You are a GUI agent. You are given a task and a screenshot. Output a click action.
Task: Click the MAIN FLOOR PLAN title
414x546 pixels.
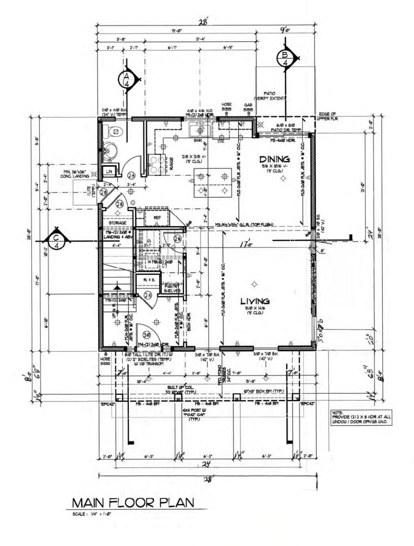coord(133,502)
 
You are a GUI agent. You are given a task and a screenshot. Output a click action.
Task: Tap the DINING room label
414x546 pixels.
coord(274,159)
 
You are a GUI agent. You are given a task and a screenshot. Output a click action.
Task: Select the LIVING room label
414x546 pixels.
coord(255,301)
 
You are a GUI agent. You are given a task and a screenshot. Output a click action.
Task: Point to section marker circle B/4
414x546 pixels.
coord(285,59)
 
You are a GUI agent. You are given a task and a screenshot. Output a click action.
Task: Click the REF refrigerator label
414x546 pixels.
coord(158,217)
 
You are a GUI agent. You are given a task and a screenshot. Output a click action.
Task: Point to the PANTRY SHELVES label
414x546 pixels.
coord(172,288)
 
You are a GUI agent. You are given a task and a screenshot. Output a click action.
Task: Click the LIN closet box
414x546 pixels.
coord(109,171)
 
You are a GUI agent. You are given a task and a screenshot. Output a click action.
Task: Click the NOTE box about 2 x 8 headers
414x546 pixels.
coord(361,417)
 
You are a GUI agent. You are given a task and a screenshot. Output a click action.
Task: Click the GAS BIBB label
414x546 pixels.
coord(248,107)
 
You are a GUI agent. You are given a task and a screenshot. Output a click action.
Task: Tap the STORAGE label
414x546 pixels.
coord(117,223)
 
